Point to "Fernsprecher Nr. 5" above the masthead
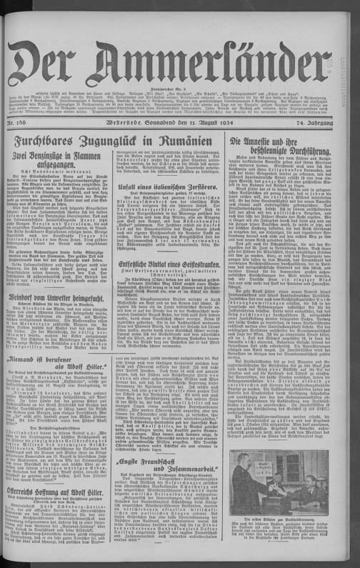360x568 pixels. [x=180, y=31]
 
